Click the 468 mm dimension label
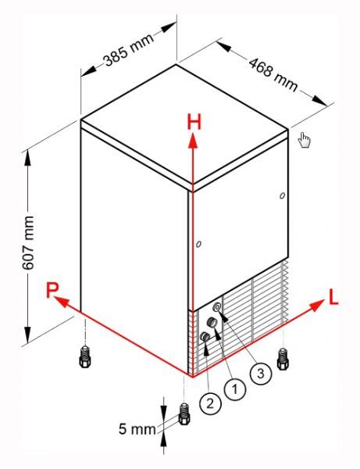(273, 75)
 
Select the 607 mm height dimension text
(28, 242)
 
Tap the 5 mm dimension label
(137, 429)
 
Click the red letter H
(194, 122)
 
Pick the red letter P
(52, 290)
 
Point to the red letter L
(333, 297)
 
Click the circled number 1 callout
(235, 389)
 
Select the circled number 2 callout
(210, 403)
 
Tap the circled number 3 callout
(261, 374)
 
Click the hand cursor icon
(305, 140)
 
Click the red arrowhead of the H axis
(193, 140)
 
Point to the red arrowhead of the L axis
(316, 305)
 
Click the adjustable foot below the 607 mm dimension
(85, 356)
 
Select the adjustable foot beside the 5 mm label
(184, 414)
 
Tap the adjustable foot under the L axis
(283, 359)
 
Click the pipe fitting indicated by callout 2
(205, 336)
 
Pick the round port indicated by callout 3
(217, 307)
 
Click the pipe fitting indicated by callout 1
(212, 322)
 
